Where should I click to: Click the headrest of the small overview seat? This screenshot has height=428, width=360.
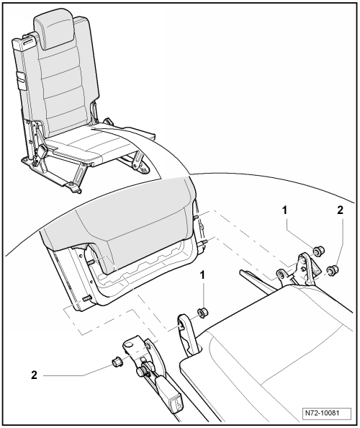point(54,30)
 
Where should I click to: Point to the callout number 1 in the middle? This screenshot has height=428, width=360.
point(202,275)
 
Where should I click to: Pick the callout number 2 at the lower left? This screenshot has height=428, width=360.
point(34,375)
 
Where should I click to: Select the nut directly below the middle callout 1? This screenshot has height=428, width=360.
point(202,312)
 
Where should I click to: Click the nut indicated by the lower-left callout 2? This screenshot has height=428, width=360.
point(117,362)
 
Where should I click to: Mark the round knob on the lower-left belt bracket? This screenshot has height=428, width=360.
point(142,372)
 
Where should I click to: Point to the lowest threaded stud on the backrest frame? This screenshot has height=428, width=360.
point(86,298)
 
